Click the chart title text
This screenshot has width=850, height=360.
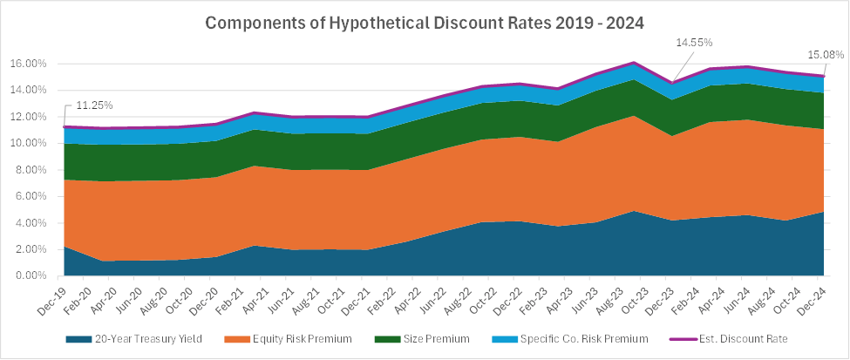click(425, 24)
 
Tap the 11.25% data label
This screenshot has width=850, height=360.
click(92, 105)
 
